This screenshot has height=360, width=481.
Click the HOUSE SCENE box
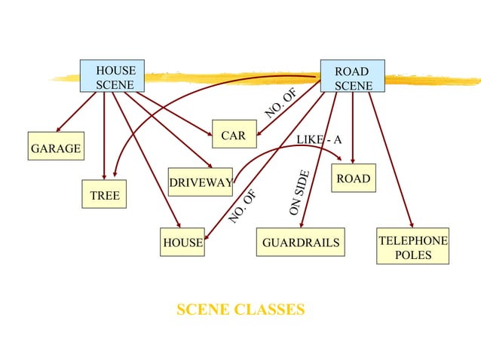click(113, 77)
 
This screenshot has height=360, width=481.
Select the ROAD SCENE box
click(352, 78)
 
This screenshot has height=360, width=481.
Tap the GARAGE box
click(55, 148)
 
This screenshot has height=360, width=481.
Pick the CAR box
click(234, 136)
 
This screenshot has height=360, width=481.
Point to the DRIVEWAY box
click(200, 183)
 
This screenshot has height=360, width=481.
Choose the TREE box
click(105, 195)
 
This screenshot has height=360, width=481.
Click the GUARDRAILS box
click(300, 243)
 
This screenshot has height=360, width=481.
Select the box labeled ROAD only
click(353, 178)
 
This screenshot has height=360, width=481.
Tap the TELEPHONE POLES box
click(412, 247)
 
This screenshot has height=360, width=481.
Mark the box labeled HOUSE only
click(182, 243)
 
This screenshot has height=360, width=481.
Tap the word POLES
click(413, 255)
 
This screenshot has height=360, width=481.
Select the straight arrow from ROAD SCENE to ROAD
click(353, 128)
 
